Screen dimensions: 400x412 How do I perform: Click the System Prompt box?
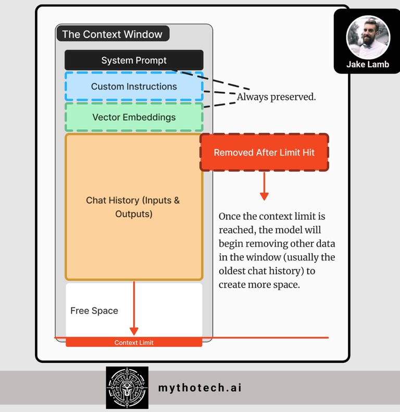point(134,60)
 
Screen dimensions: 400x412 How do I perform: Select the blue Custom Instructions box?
point(134,86)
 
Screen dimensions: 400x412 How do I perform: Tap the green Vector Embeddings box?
point(134,117)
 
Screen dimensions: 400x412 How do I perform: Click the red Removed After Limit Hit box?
point(265,153)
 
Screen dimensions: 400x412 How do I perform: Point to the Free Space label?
point(94,310)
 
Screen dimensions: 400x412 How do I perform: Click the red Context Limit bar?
point(134,342)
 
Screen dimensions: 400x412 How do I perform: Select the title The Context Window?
point(112,34)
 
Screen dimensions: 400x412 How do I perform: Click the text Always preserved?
point(276,97)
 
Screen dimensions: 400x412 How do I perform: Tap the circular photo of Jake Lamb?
point(368,37)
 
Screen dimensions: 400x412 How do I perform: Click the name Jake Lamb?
point(368,65)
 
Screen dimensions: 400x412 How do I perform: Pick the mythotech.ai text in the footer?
point(199,388)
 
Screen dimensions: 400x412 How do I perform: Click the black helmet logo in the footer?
point(127,388)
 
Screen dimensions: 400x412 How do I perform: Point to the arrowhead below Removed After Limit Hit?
point(265,196)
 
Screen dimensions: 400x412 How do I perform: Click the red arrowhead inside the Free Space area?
point(134,331)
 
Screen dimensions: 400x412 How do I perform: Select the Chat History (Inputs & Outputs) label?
point(133,207)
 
